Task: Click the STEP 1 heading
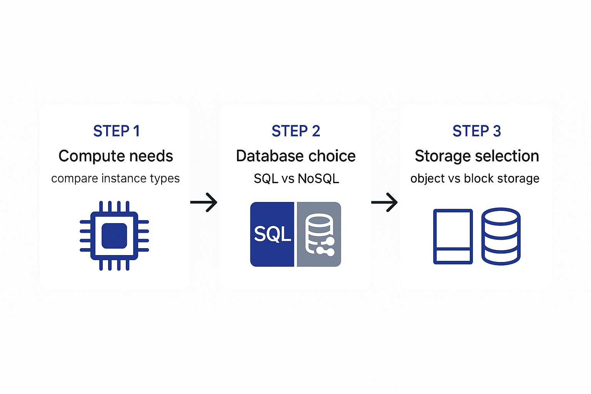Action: pyautogui.click(x=116, y=131)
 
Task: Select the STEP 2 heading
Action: pyautogui.click(x=295, y=131)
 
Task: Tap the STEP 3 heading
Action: pyautogui.click(x=476, y=131)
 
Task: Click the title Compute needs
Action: pyautogui.click(x=115, y=156)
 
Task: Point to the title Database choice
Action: pyautogui.click(x=295, y=156)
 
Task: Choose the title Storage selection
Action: pyautogui.click(x=476, y=156)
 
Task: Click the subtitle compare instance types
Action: pyautogui.click(x=115, y=179)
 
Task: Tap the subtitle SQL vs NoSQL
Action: pyautogui.click(x=296, y=179)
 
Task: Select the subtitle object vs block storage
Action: pyautogui.click(x=475, y=179)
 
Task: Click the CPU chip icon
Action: pyautogui.click(x=114, y=235)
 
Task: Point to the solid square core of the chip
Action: pyautogui.click(x=114, y=235)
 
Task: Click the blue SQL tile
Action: pyautogui.click(x=272, y=234)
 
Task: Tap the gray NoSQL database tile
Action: pyautogui.click(x=319, y=234)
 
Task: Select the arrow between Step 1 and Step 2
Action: pyautogui.click(x=204, y=202)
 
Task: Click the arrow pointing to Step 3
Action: pyautogui.click(x=384, y=202)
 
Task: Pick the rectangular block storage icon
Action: pyautogui.click(x=453, y=236)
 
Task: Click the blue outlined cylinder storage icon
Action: pyautogui.click(x=501, y=236)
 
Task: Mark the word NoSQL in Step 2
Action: pyautogui.click(x=318, y=179)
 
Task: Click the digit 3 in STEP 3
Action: pyautogui.click(x=497, y=131)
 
